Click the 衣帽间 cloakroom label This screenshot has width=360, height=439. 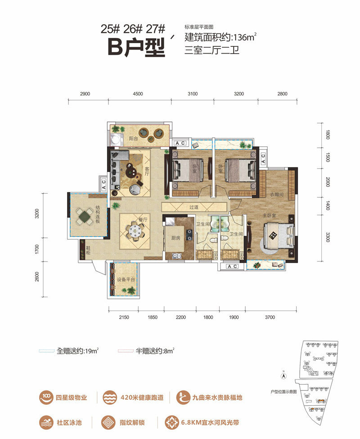pos(276,195)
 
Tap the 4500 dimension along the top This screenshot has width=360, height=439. pos(138,94)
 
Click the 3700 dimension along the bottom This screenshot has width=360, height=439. pos(270,317)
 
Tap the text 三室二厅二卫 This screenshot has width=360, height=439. pos(211,50)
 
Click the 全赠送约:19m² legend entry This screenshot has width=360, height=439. pos(78,350)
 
